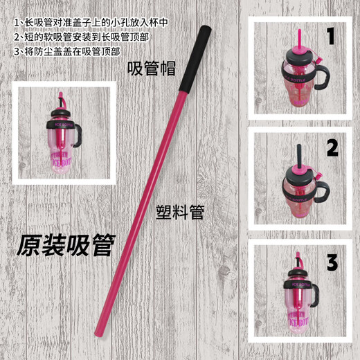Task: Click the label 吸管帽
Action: tap(151, 69)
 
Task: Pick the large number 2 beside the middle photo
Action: tap(332, 147)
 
